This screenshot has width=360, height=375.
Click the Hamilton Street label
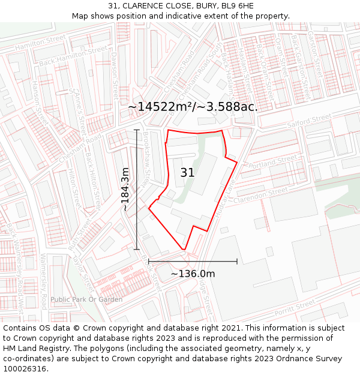tap(40, 41)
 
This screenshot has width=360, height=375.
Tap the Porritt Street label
tap(295, 308)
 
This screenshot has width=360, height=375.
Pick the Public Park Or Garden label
tap(86, 299)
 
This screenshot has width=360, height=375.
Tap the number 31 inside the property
tap(187, 173)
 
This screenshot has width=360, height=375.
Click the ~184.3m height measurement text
tap(125, 189)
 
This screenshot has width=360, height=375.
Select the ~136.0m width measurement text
tap(193, 274)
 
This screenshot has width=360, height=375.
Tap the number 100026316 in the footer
tap(25, 368)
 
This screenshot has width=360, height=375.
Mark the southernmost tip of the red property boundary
tap(184, 250)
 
